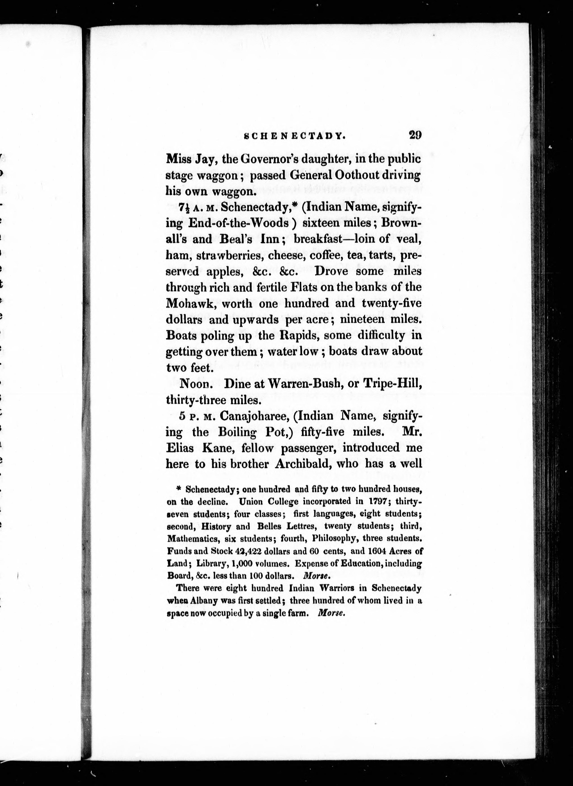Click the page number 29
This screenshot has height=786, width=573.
point(415,135)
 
